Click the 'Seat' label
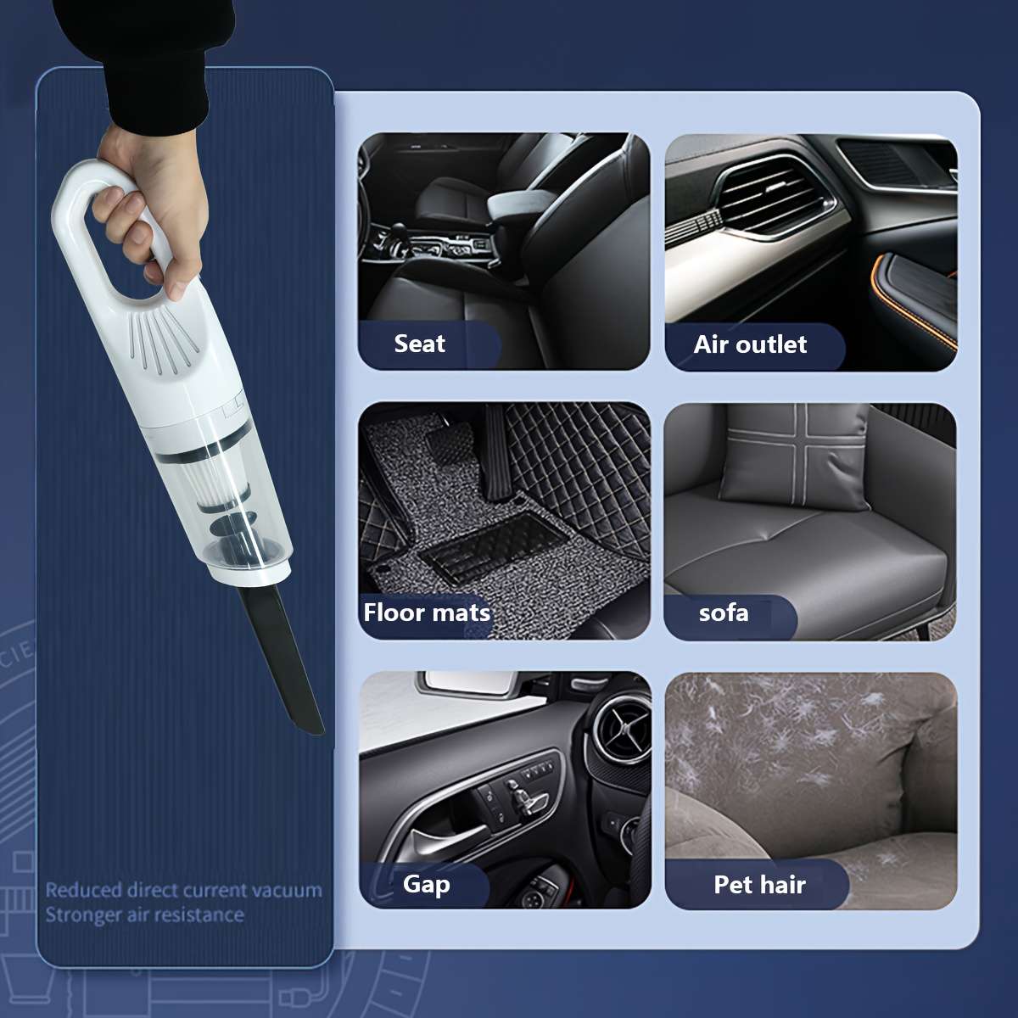420,344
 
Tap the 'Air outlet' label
750,344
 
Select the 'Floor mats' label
427,612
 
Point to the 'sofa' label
724,612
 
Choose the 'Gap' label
426,884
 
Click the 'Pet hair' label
759,885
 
